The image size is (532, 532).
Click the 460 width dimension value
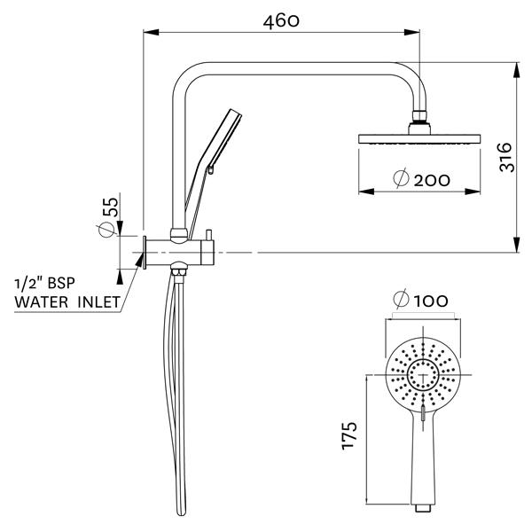282,20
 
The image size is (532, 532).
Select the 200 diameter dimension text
431,180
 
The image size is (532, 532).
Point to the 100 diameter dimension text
429,301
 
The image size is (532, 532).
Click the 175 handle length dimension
349,437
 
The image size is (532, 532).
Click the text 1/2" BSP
45,284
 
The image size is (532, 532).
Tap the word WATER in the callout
40,302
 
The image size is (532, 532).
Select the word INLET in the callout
96,302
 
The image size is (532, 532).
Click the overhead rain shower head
419,139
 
